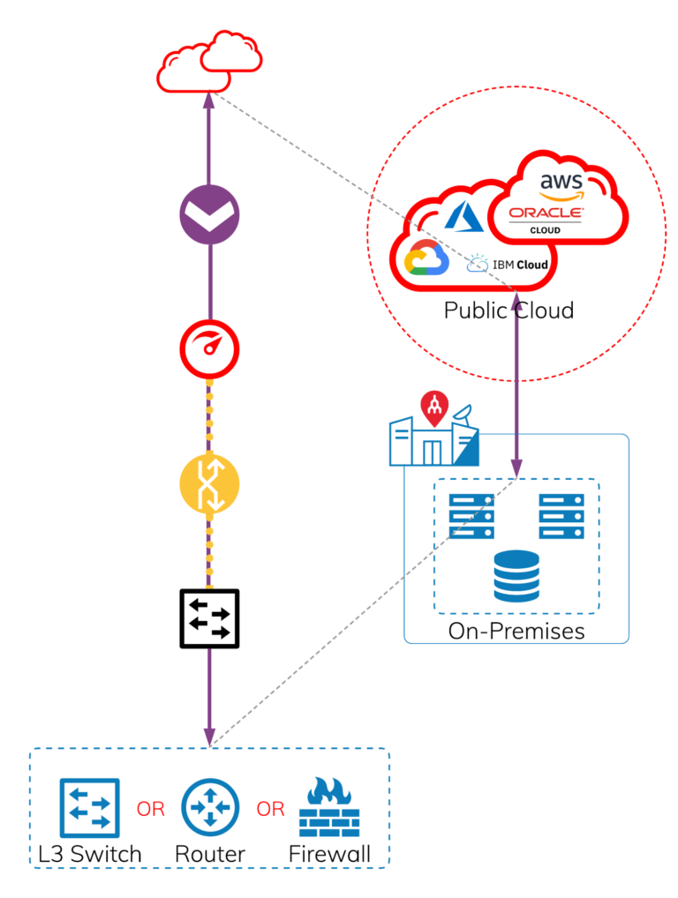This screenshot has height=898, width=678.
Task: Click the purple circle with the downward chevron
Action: pos(209,216)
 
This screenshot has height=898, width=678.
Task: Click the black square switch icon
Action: pos(210,618)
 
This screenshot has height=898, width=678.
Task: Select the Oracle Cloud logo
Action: pos(546,216)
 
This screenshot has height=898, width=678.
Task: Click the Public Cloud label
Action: pos(508,311)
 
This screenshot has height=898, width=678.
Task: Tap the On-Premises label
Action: pos(516,631)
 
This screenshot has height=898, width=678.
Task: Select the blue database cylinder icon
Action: pos(516,577)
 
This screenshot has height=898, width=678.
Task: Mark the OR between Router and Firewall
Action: pos(270,809)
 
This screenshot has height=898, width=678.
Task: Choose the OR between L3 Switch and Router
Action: pos(150,809)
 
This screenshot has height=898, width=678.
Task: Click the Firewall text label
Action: pos(329,854)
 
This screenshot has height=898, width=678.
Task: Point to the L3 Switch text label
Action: pos(90,854)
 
